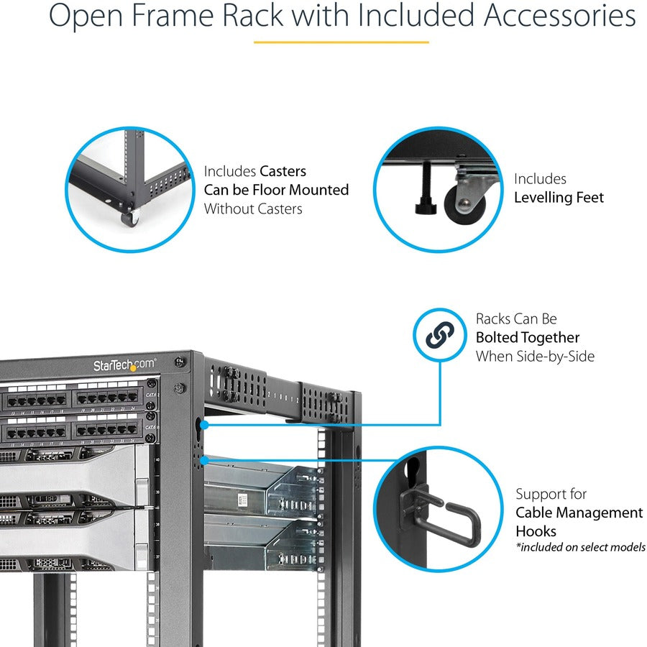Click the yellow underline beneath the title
(341, 42)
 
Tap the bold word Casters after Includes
(283, 171)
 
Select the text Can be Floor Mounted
(276, 190)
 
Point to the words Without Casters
(253, 208)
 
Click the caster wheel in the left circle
(129, 219)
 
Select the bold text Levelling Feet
(559, 197)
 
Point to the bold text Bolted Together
(527, 337)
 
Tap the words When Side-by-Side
(535, 356)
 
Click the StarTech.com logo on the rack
(124, 365)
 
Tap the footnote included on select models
(580, 548)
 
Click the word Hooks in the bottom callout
(536, 531)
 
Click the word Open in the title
(85, 16)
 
